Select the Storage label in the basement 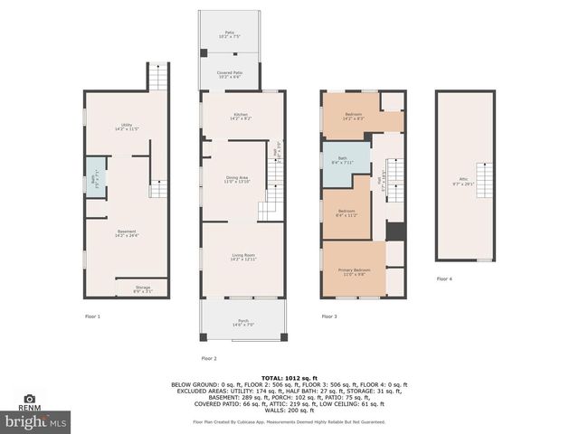pyautogui.click(x=143, y=288)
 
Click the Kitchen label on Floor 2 pyautogui.click(x=241, y=116)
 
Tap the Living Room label pyautogui.click(x=242, y=258)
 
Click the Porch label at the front pyautogui.click(x=243, y=322)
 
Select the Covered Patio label pyautogui.click(x=229, y=75)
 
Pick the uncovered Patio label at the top pyautogui.click(x=229, y=34)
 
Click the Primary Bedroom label pyautogui.click(x=354, y=272)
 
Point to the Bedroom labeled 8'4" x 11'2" pyautogui.click(x=346, y=212)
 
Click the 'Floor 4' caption pyautogui.click(x=444, y=279)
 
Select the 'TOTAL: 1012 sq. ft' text pyautogui.click(x=289, y=377)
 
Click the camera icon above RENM pyautogui.click(x=31, y=398)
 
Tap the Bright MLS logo pyautogui.click(x=35, y=420)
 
